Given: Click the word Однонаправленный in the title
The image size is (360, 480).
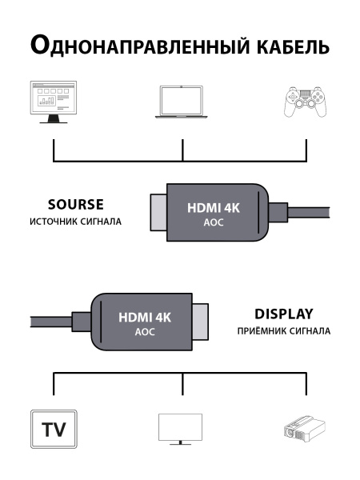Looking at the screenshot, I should click(x=136, y=46).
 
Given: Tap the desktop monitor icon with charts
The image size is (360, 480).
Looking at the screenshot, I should click(x=53, y=102).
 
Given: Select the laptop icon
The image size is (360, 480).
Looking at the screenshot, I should click(x=183, y=103).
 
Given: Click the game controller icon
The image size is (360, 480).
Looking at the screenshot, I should click(x=306, y=103).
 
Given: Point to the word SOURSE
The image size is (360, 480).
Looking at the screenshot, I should click(x=76, y=204).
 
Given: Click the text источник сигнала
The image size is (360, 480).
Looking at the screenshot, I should click(x=76, y=221).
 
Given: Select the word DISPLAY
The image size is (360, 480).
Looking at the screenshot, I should click(x=283, y=314).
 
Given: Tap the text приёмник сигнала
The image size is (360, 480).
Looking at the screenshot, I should click(x=283, y=330).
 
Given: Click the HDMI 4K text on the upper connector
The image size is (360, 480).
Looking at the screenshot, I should click(x=214, y=208).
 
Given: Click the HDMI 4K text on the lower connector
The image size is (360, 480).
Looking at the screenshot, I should click(x=145, y=318).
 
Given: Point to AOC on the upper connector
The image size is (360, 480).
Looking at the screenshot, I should click(x=214, y=223).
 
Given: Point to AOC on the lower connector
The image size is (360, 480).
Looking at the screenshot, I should click(x=145, y=332).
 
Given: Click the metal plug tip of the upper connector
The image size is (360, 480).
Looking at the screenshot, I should click(x=157, y=213).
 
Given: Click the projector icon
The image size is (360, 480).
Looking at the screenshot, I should click(x=306, y=429).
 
